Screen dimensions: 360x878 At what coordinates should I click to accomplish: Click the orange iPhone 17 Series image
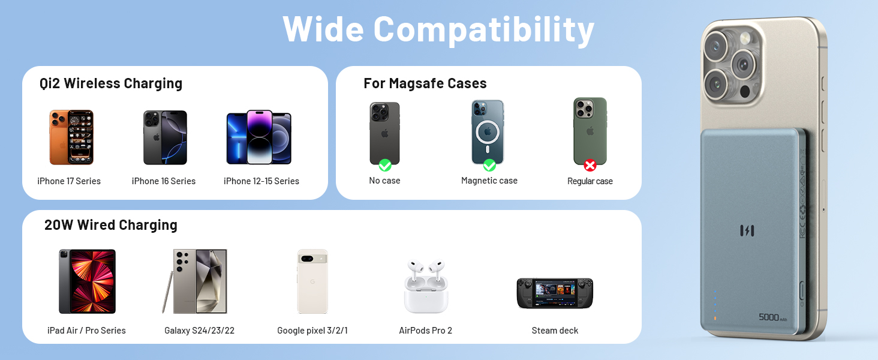click(71, 137)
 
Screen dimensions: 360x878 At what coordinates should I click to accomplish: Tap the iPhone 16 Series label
click(164, 181)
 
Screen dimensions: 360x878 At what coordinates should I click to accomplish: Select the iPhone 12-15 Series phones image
click(258, 137)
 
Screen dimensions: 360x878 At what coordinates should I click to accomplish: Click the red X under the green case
click(590, 165)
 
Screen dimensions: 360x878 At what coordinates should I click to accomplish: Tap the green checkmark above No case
click(385, 165)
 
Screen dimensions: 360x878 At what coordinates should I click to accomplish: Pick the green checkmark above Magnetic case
click(489, 165)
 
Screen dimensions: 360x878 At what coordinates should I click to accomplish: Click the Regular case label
click(590, 181)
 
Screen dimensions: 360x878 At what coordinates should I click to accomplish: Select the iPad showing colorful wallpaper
click(87, 281)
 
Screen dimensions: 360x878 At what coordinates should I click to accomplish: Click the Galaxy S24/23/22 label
click(200, 331)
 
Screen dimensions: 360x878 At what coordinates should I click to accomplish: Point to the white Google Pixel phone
click(312, 281)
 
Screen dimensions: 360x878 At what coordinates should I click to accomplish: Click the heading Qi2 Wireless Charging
click(111, 83)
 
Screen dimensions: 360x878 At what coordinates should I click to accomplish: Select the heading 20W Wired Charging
click(111, 225)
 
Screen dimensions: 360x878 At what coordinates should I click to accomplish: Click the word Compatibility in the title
click(484, 28)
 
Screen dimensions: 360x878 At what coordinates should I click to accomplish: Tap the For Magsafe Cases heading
click(425, 83)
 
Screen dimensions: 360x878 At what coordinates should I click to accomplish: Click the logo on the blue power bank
click(747, 230)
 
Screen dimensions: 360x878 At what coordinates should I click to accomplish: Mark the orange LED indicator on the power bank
click(714, 318)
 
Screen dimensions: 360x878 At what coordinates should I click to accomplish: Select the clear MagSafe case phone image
click(488, 133)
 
